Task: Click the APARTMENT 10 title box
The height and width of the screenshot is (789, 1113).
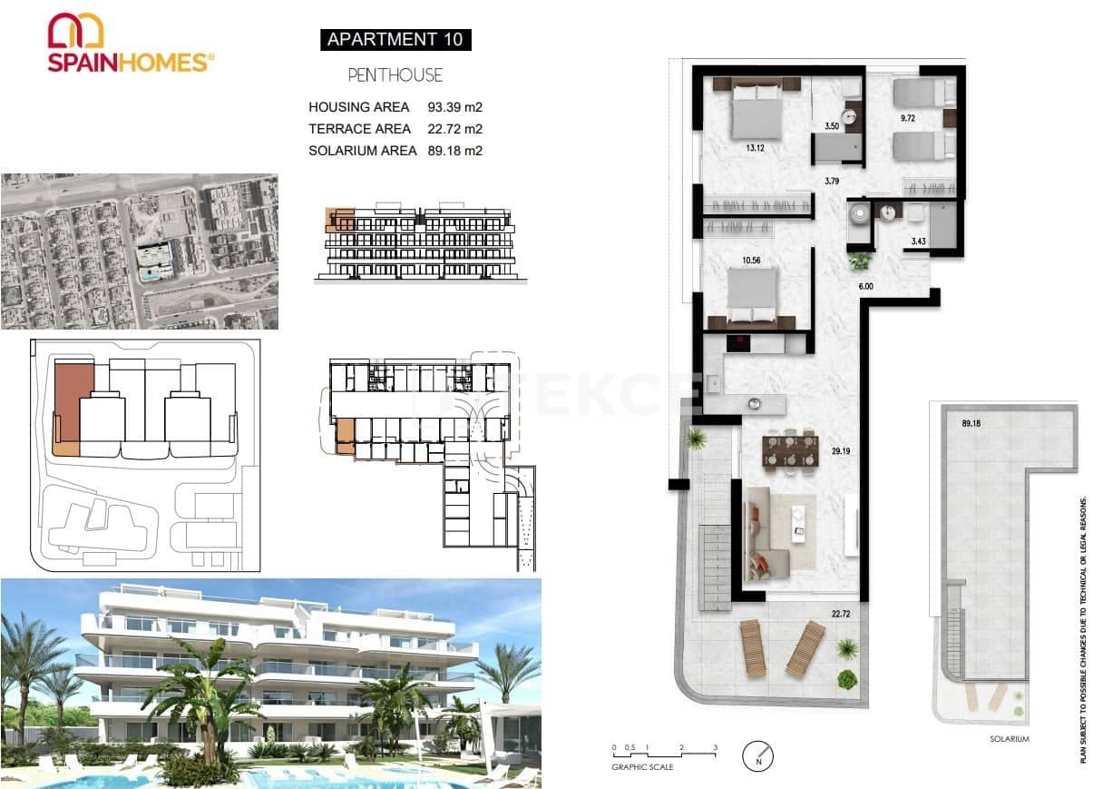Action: [395, 39]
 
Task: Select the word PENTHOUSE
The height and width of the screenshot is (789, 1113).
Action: [395, 75]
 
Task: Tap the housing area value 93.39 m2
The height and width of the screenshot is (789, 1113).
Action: [454, 107]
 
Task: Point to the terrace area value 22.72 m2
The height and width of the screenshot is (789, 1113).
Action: [454, 129]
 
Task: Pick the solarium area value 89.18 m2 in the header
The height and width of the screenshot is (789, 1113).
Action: [454, 151]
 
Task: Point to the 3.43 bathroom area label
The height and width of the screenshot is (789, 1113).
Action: [919, 241]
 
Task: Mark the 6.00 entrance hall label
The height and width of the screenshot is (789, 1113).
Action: [866, 286]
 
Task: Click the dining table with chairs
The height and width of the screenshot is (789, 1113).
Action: [789, 451]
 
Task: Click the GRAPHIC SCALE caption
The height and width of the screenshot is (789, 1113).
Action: [642, 767]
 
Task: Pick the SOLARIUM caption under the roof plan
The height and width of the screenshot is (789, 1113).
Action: [1010, 739]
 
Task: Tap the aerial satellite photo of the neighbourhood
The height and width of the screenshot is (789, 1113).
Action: [139, 251]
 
